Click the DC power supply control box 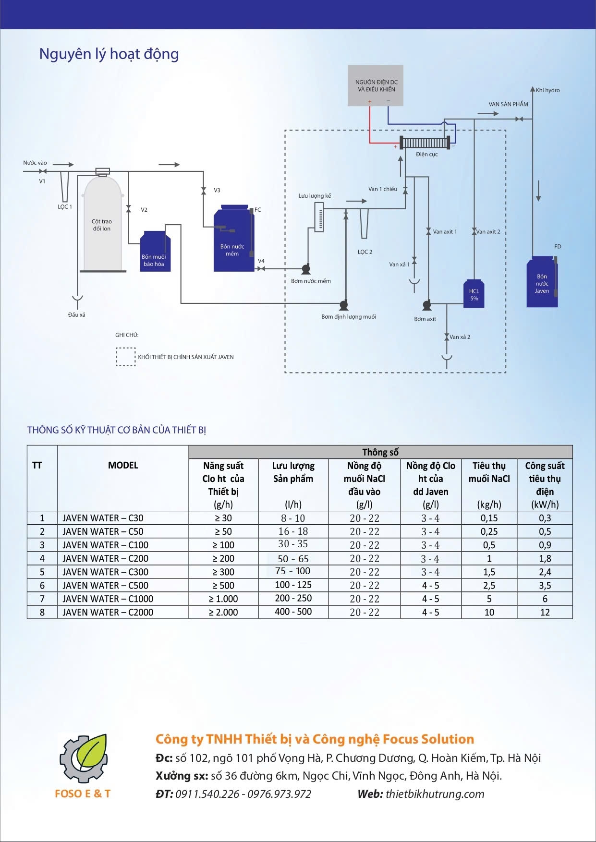376,85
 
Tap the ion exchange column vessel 102,223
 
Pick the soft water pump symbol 305,268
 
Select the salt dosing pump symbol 343,304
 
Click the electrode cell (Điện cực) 424,143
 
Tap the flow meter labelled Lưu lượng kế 318,217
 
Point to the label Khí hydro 547,90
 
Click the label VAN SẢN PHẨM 508,104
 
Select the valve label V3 217,191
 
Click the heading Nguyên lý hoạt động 109,54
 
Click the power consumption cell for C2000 545,612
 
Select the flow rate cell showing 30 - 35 293,544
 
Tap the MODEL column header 123,465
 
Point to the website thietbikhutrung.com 435,794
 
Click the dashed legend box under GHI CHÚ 125,357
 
